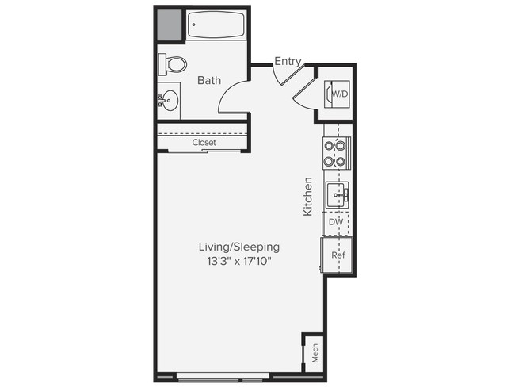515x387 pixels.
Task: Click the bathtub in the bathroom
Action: (216, 25)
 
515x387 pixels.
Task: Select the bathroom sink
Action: (168, 100)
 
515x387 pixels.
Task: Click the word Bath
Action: (208, 80)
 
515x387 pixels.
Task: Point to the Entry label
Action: (287, 60)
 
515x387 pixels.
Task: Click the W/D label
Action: (339, 94)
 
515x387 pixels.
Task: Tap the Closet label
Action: (204, 143)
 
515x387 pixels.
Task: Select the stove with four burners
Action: (336, 153)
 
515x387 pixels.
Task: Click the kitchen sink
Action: (337, 193)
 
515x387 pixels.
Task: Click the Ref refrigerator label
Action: (336, 255)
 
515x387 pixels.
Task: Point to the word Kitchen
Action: (308, 197)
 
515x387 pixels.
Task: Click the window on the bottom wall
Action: (223, 376)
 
